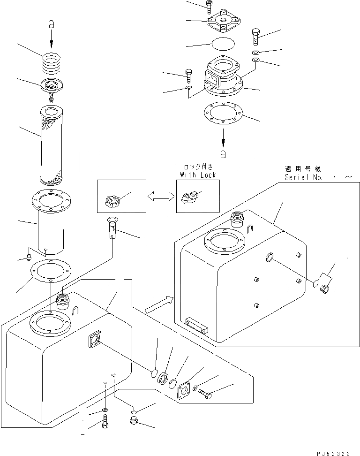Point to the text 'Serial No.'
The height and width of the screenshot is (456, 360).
click(x=303, y=177)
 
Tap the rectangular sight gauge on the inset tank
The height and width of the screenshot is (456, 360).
click(x=196, y=326)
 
